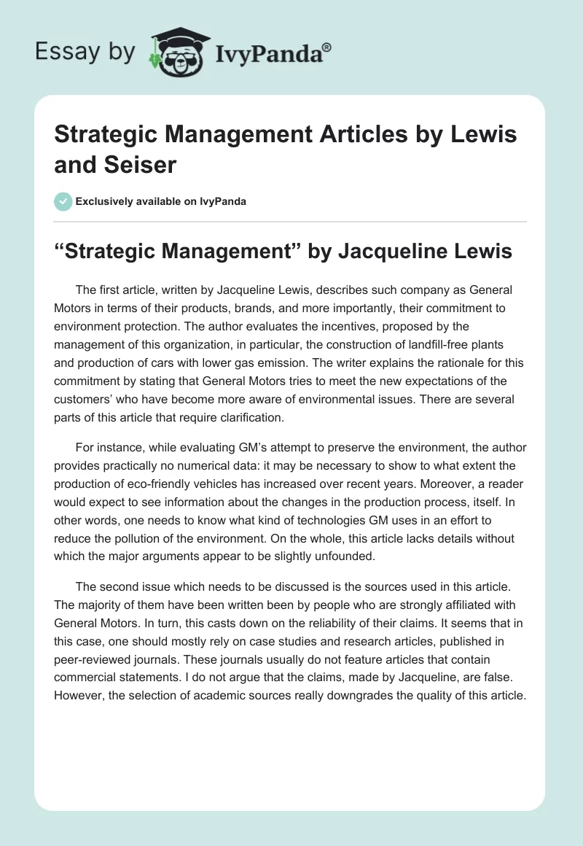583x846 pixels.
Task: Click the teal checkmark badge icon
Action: (x=64, y=201)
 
